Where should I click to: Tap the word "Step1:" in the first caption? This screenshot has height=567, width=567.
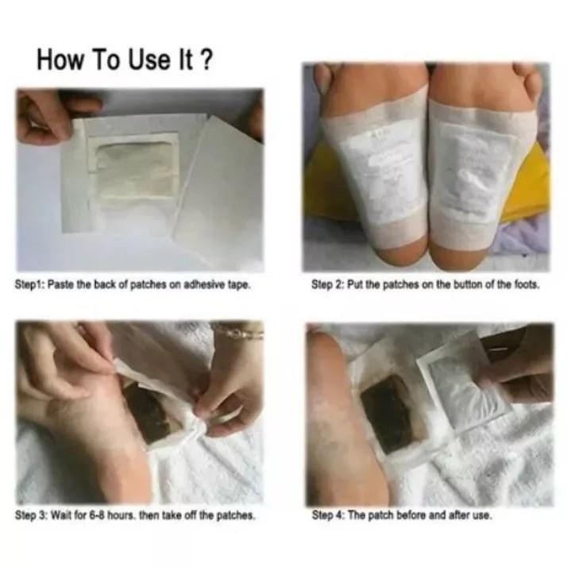pos(29,285)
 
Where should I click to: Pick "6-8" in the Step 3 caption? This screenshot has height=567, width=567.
pos(96,515)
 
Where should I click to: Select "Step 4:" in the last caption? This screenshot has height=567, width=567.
pos(329,515)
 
